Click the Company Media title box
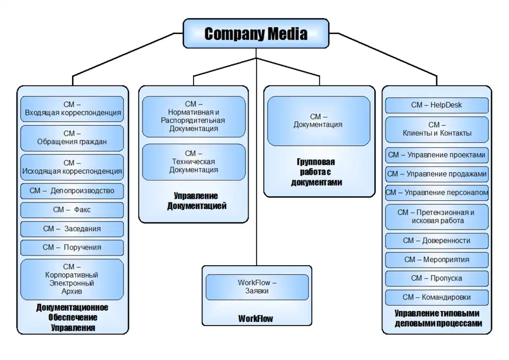pos(256,34)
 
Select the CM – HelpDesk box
pos(436,105)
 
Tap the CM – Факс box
pos(72,210)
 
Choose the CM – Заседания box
pos(72,229)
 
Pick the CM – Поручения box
pos(72,248)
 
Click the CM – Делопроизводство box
pos(72,190)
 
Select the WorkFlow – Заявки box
pos(257,287)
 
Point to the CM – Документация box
pos(318,121)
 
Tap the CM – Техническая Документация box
pos(194,162)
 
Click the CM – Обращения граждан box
pos(72,138)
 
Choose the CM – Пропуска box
pos(436,278)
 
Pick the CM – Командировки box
pos(436,297)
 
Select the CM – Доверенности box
pos(436,241)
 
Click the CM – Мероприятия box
pos(436,260)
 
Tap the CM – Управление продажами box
pos(436,174)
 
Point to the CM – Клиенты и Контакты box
pos(436,129)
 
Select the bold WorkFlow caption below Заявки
pos(256,319)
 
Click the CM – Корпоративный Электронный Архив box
pos(72,279)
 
